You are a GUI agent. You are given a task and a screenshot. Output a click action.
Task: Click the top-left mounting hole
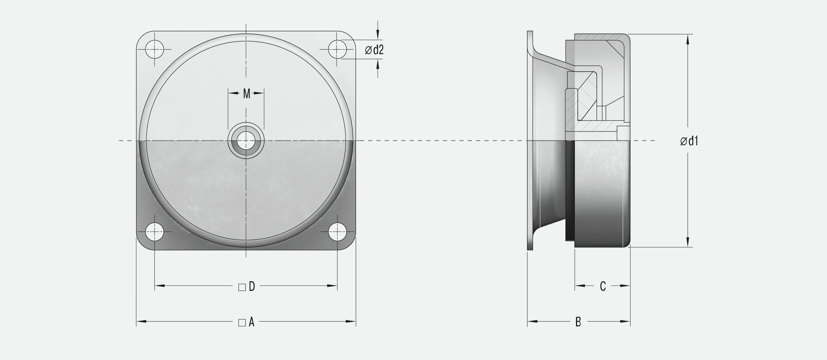pyautogui.click(x=155, y=49)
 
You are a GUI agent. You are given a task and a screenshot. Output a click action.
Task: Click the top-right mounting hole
pyautogui.click(x=337, y=49)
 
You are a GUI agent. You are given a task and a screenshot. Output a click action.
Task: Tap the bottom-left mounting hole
pyautogui.click(x=155, y=232)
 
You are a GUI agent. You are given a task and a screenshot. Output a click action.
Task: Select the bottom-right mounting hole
pyautogui.click(x=337, y=232)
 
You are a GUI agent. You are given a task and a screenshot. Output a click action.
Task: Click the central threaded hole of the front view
pyautogui.click(x=246, y=141)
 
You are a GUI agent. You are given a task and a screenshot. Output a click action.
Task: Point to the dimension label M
pyautogui.click(x=247, y=94)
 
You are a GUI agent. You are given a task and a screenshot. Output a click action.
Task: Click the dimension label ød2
pyautogui.click(x=374, y=50)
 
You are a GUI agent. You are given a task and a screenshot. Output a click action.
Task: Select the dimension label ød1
pyautogui.click(x=689, y=141)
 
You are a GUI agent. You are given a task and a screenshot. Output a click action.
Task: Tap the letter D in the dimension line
pyautogui.click(x=252, y=286)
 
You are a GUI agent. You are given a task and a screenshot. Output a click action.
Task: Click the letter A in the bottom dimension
pyautogui.click(x=251, y=322)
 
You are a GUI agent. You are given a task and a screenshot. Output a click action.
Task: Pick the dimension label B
pyautogui.click(x=578, y=322)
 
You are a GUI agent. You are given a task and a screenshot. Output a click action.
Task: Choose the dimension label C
pyautogui.click(x=603, y=286)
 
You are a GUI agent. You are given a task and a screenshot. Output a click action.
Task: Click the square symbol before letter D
pyautogui.click(x=242, y=287)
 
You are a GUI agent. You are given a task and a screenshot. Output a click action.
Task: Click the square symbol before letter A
pyautogui.click(x=242, y=323)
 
